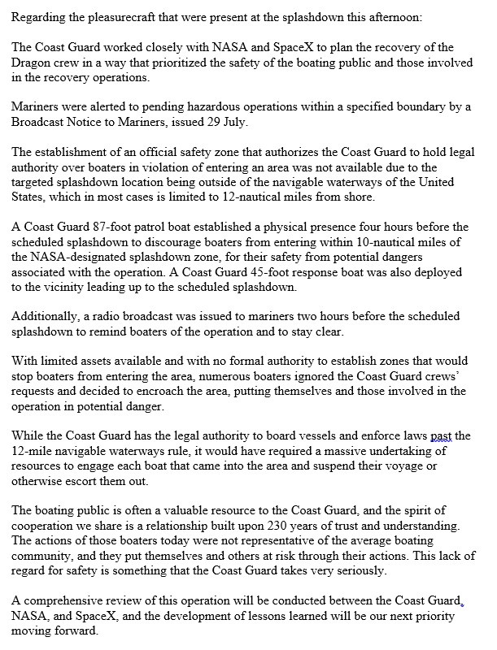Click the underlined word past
443,435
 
